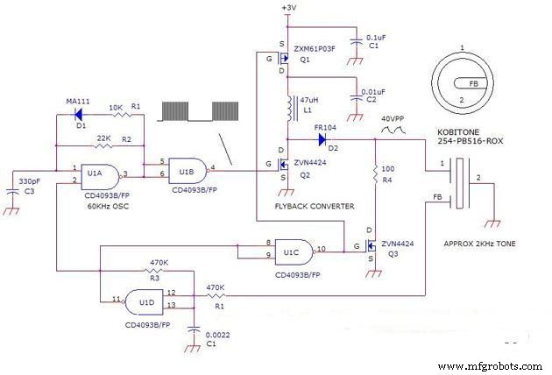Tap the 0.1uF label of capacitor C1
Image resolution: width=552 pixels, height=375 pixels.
point(374,39)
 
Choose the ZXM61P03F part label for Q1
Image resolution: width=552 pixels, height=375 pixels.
point(320,49)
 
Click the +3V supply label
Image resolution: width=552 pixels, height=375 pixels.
point(288,8)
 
